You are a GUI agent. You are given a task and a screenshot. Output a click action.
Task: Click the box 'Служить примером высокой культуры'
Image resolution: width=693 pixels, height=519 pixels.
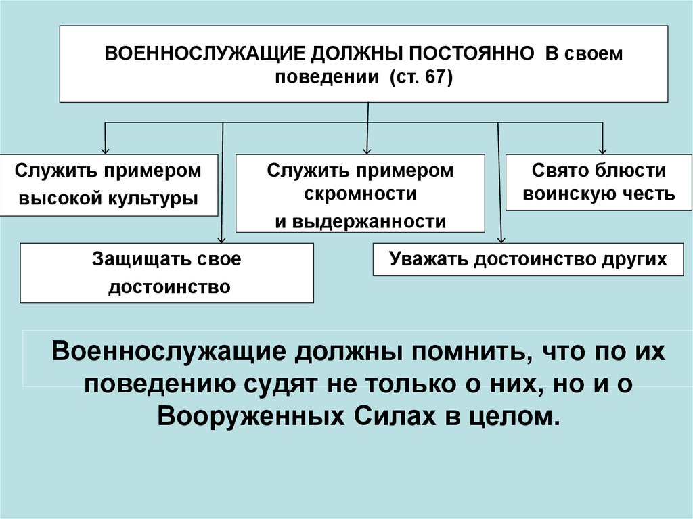click(109, 185)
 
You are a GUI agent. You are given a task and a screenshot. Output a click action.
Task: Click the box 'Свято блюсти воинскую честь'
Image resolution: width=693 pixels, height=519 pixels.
click(599, 182)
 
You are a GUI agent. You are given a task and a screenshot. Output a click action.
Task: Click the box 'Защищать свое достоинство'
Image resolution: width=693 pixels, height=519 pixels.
click(167, 273)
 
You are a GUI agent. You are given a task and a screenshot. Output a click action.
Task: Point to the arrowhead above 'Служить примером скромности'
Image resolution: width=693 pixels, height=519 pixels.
click(367, 150)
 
